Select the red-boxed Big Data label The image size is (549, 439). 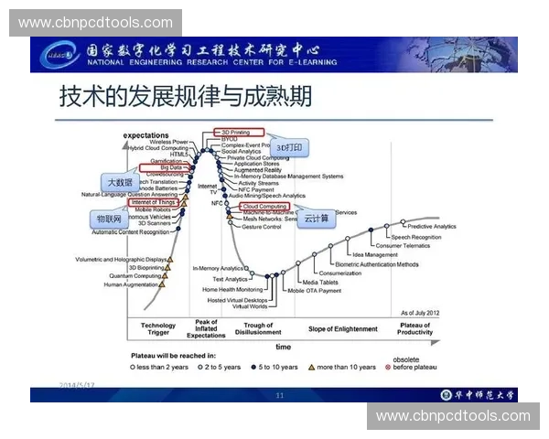(x=169, y=167)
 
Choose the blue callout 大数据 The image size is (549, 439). (x=120, y=181)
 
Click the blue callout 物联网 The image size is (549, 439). (x=109, y=220)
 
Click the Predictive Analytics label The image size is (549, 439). (x=431, y=226)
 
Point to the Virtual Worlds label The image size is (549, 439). (x=250, y=306)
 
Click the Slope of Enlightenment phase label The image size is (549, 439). (x=342, y=328)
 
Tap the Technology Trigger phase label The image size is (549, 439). (x=157, y=328)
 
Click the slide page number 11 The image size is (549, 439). (x=280, y=395)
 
